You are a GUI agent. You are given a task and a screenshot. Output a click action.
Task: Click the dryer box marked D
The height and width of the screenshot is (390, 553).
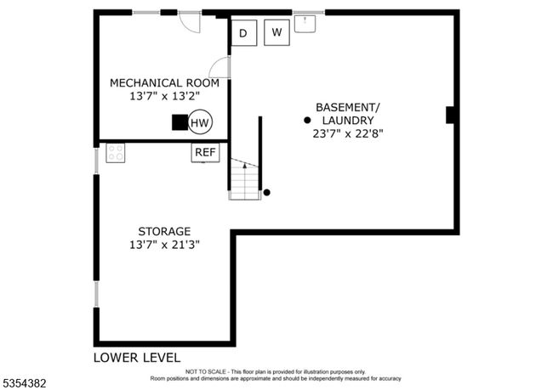coord(244,33)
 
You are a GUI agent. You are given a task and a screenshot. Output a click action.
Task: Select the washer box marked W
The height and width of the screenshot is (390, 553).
coord(276,32)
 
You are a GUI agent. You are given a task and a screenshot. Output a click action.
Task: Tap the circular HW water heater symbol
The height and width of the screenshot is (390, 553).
coord(200,122)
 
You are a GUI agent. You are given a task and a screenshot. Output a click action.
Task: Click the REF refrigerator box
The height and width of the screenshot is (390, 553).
coord(205,153)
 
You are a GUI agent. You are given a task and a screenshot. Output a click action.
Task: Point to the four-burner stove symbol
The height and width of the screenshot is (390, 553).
coord(116,153)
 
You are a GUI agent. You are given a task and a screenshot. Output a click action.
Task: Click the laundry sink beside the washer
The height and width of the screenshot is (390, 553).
coord(305,24)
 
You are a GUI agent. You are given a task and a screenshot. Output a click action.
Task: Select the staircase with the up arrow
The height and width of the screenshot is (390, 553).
coord(244,179)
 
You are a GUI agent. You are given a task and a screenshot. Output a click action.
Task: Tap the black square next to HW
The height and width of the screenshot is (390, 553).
coord(180,122)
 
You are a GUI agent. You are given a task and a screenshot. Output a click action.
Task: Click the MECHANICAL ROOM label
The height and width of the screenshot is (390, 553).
coord(165,83)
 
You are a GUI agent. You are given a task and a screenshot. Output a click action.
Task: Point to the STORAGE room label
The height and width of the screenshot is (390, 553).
coord(164,231)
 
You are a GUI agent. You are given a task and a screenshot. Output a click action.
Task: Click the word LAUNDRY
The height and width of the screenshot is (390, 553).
coord(348,121)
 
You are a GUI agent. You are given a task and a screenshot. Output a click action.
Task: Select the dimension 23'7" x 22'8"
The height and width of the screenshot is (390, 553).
coord(348,134)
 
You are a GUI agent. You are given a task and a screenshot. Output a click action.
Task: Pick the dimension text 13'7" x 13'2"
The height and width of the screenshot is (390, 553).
coord(165,96)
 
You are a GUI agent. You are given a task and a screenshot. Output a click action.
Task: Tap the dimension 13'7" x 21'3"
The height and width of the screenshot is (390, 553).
coord(164,245)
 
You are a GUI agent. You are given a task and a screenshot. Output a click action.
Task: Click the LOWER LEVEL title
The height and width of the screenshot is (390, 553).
coord(137,358)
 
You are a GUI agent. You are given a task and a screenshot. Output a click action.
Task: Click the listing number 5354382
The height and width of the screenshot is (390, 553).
coord(24,383)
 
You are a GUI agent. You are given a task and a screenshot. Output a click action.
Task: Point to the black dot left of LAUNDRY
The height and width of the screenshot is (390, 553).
coord(307,120)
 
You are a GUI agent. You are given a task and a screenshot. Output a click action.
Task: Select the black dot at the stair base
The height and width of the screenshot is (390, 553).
coord(267,192)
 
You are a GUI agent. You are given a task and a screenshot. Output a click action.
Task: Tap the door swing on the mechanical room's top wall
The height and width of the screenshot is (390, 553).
coord(190,21)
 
